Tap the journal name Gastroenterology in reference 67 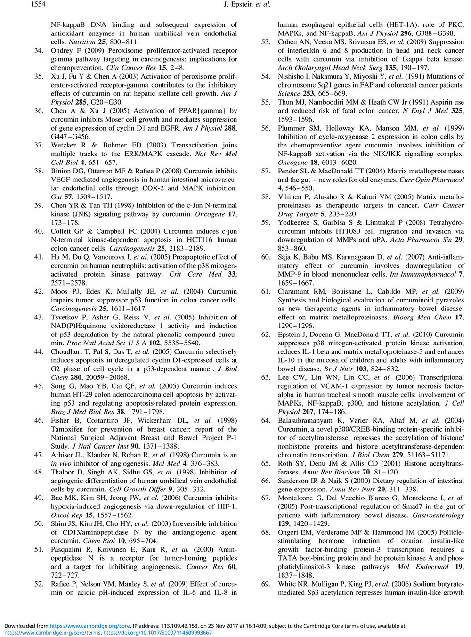pos(438,515)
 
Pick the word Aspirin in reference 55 pos(440,102)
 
